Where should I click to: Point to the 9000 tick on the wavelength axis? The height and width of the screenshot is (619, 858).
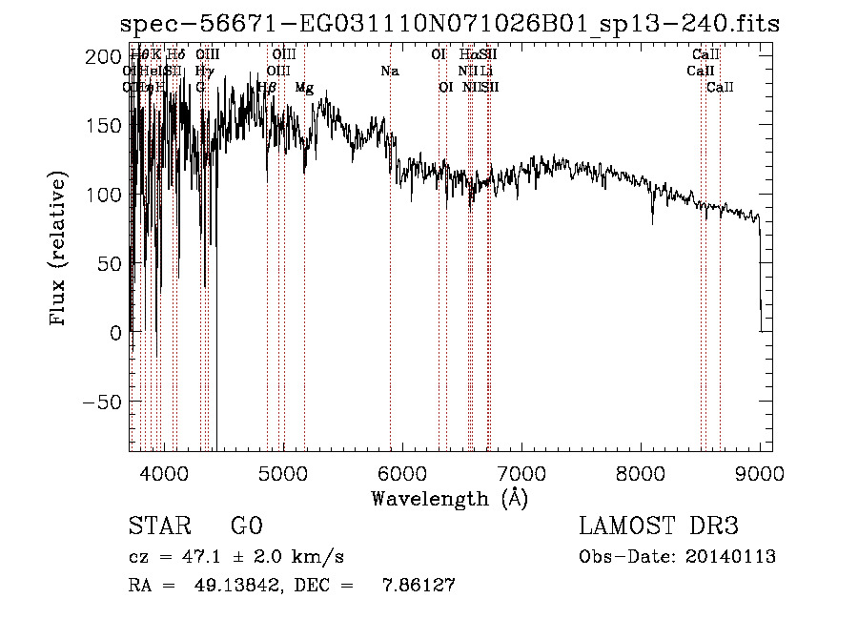[760, 472]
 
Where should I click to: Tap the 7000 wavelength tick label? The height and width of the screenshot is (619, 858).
[521, 472]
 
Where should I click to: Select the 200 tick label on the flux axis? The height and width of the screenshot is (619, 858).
[102, 57]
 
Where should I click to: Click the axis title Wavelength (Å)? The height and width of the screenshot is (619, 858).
[449, 498]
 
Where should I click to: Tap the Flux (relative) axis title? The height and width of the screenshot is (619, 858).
[59, 249]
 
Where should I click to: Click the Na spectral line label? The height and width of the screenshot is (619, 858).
[389, 72]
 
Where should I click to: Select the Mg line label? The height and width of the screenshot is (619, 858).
[304, 88]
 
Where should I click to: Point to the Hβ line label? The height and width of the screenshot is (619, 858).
[267, 88]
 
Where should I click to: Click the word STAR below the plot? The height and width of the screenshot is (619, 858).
[157, 526]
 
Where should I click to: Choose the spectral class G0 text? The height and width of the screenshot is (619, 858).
[247, 526]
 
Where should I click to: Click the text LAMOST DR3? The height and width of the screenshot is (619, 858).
[658, 526]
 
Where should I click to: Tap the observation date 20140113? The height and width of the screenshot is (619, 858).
[730, 557]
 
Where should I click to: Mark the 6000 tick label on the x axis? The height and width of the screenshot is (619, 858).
[402, 472]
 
